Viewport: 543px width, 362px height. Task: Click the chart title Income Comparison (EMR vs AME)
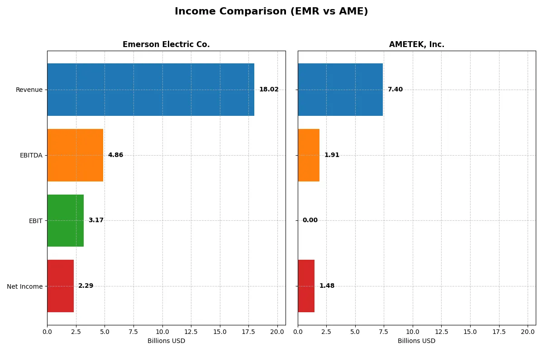pyautogui.click(x=271, y=12)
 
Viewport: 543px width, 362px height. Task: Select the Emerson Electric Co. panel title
pyautogui.click(x=166, y=44)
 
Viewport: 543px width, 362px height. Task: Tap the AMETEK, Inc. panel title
pyautogui.click(x=416, y=44)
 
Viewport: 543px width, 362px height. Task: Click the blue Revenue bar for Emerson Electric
pyautogui.click(x=150, y=90)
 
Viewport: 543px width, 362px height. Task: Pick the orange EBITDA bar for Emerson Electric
pyautogui.click(x=75, y=155)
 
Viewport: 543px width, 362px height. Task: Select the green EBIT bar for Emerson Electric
pyautogui.click(x=65, y=220)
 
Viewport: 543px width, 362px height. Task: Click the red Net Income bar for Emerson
pyautogui.click(x=60, y=286)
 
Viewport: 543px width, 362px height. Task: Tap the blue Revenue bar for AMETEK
pyautogui.click(x=340, y=90)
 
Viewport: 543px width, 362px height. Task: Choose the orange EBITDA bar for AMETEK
pyautogui.click(x=309, y=155)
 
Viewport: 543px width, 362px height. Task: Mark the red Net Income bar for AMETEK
pyautogui.click(x=306, y=286)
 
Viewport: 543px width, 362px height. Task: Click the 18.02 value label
pyautogui.click(x=269, y=90)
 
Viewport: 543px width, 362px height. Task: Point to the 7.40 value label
pyautogui.click(x=395, y=90)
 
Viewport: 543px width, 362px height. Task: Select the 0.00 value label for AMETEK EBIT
pyautogui.click(x=310, y=220)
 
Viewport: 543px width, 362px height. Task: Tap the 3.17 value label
pyautogui.click(x=96, y=220)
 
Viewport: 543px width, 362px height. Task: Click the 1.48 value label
pyautogui.click(x=327, y=286)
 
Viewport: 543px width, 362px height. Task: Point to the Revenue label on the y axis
pyautogui.click(x=29, y=90)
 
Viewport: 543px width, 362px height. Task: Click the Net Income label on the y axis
pyautogui.click(x=25, y=286)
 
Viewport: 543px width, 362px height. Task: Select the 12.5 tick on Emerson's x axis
pyautogui.click(x=191, y=332)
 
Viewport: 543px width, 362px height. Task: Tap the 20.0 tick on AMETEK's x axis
pyautogui.click(x=528, y=332)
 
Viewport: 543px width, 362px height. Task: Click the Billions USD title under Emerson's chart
pyautogui.click(x=166, y=341)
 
